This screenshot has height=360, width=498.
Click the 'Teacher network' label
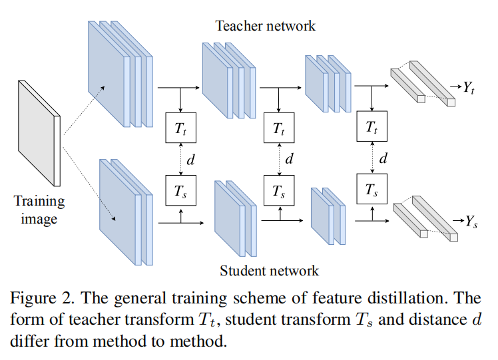tap(265, 26)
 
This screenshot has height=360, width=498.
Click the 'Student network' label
tap(269, 271)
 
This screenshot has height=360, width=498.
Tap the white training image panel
tap(39, 133)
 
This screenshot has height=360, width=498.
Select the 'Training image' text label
tap(39, 210)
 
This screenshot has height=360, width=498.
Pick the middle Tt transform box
tap(279, 128)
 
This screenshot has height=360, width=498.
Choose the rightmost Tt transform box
tap(372, 128)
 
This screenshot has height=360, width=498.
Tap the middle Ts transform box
tap(279, 191)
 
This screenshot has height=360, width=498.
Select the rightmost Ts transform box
tap(372, 191)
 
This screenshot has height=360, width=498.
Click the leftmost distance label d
tap(191, 160)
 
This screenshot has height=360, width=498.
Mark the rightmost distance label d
tap(383, 159)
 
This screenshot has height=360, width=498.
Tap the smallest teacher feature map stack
tap(326, 83)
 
